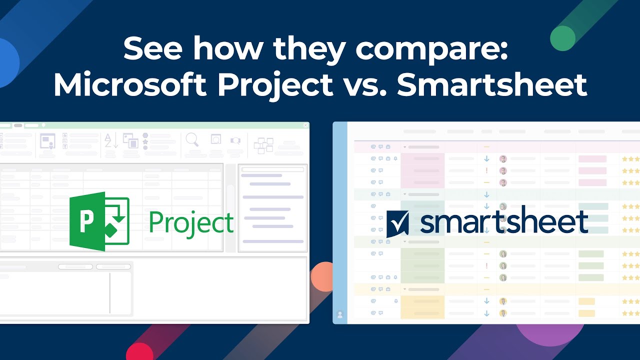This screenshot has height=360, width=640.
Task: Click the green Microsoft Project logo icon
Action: click(99, 221)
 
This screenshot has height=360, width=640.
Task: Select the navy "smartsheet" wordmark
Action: click(504, 222)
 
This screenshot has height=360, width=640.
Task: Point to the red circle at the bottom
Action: click(139, 352)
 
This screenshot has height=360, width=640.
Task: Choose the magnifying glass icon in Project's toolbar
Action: click(192, 140)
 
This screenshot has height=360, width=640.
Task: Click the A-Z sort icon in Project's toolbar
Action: click(111, 140)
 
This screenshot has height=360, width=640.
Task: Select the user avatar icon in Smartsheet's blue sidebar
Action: click(340, 314)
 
